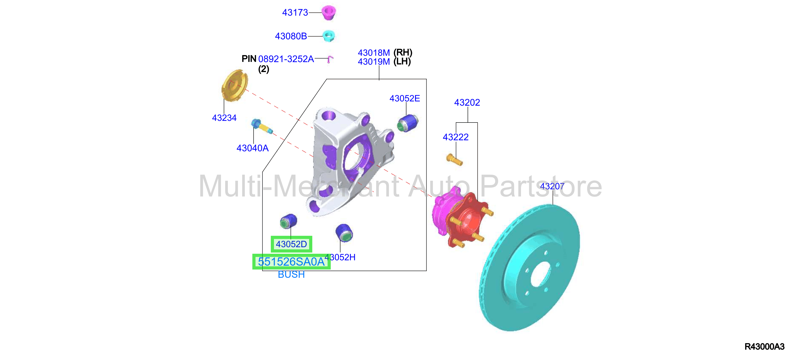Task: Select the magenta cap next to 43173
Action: (328, 12)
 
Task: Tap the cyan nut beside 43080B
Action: (329, 36)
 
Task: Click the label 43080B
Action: (291, 36)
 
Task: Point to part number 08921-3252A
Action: (286, 59)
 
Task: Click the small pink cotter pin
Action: (330, 59)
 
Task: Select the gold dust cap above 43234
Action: (234, 86)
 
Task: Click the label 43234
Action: (224, 118)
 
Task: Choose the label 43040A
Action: (253, 148)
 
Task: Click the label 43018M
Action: (374, 53)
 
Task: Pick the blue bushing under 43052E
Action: (408, 123)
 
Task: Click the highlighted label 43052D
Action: (291, 244)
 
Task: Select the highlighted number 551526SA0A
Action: (291, 262)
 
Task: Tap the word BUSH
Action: (291, 275)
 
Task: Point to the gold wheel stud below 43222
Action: (454, 159)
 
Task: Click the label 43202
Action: (467, 103)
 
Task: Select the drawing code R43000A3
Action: (764, 347)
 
